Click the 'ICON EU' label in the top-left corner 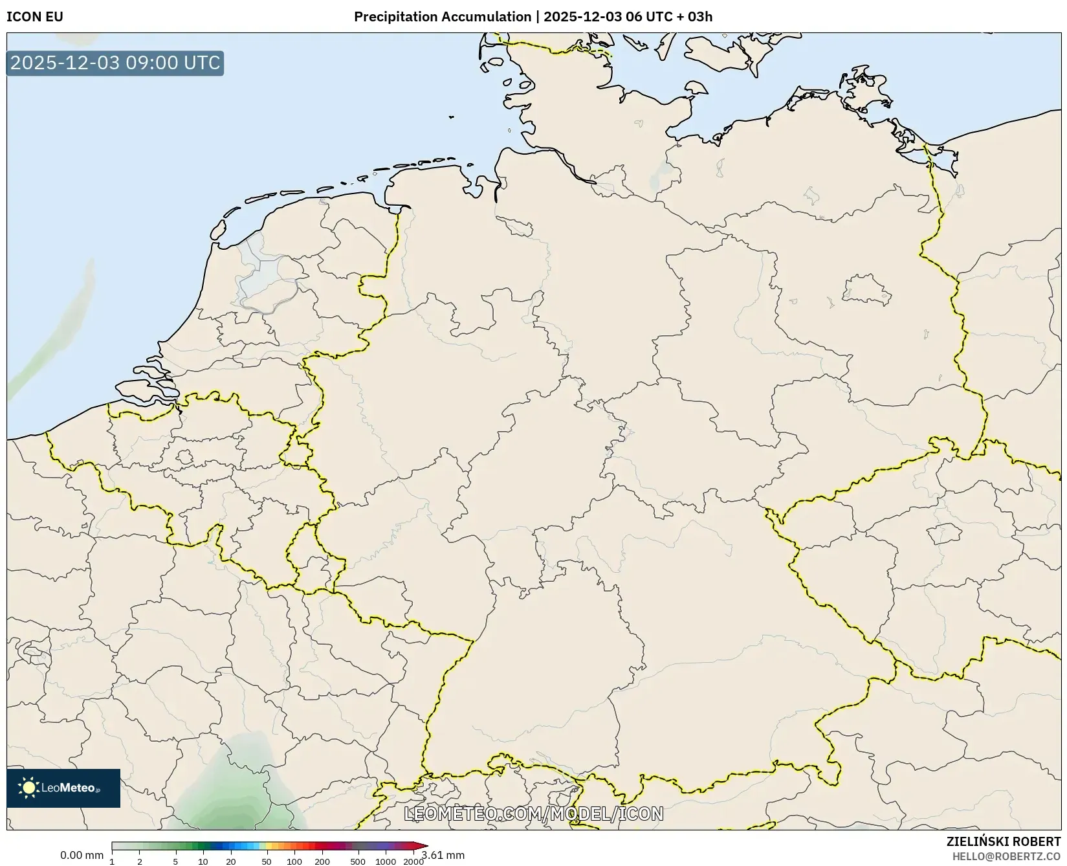(35, 17)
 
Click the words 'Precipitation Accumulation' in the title (442, 17)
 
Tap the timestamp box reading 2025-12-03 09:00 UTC (115, 63)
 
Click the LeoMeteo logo (63, 788)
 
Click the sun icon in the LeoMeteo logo (28, 788)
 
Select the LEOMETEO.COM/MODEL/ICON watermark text (534, 814)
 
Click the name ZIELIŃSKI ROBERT (1004, 841)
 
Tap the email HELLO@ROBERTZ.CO (1006, 856)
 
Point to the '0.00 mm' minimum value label (82, 855)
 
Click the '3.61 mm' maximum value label (444, 855)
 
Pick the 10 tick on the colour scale (203, 861)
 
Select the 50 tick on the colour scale (267, 861)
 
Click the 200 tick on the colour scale (322, 861)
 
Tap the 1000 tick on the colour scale (386, 861)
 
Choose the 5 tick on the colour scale (175, 861)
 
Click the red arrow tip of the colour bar (423, 846)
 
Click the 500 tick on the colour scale (358, 861)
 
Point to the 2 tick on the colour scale (140, 861)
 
